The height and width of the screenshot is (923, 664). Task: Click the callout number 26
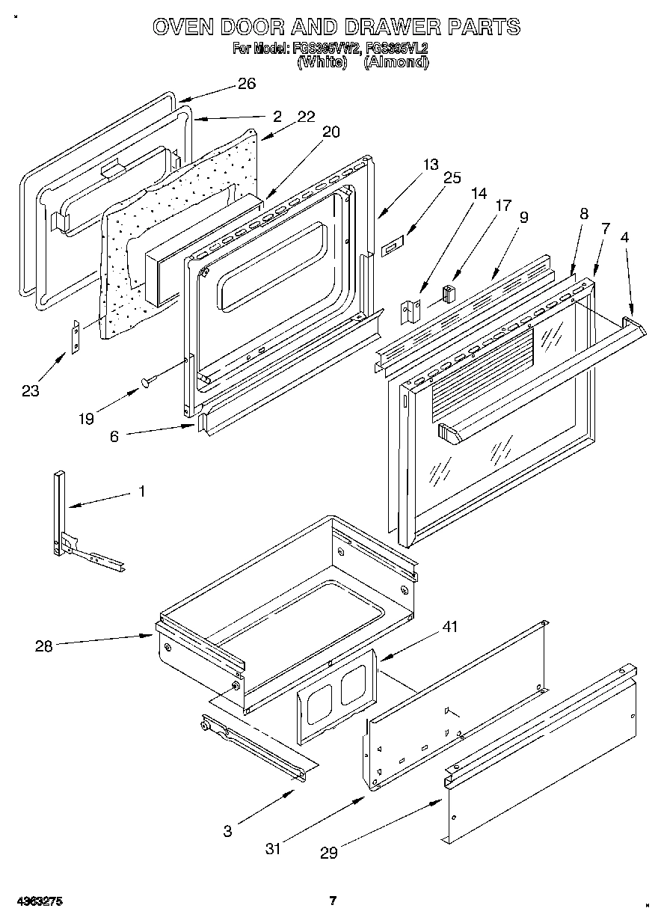click(x=246, y=84)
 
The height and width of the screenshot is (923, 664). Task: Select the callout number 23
click(x=31, y=390)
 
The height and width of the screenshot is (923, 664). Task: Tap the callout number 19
click(x=86, y=418)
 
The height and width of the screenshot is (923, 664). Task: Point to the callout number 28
click(x=44, y=646)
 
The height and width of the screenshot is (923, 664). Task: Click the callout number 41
click(x=451, y=627)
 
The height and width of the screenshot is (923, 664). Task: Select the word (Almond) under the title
click(x=396, y=63)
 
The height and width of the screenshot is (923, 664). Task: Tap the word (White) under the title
click(x=322, y=63)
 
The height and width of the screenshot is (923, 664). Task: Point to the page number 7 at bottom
click(x=333, y=901)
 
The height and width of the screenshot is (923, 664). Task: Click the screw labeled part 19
click(x=147, y=382)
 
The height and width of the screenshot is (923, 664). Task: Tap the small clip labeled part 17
click(x=449, y=292)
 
